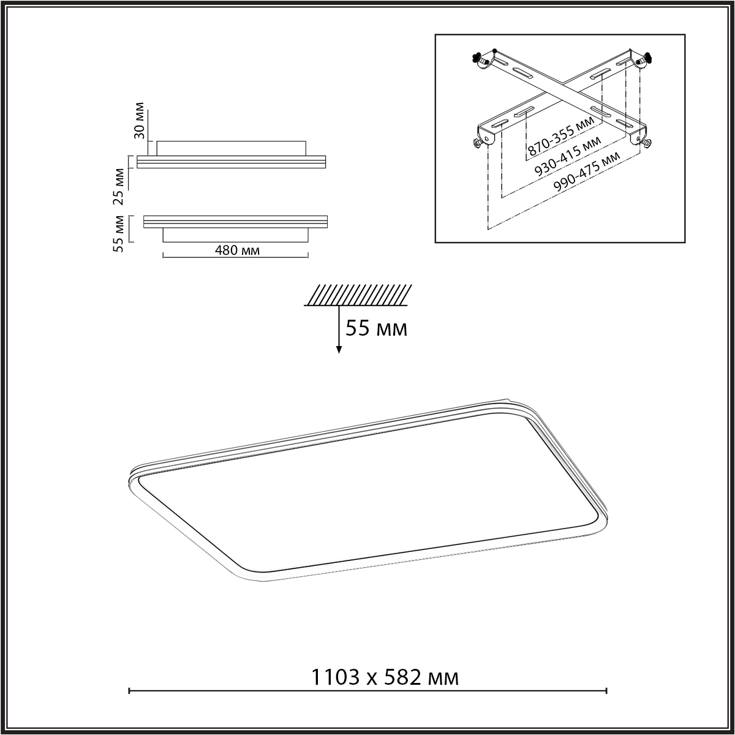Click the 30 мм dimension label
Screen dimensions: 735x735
[140, 121]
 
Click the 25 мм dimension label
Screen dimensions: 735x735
[119, 187]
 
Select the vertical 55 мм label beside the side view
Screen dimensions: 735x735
[119, 233]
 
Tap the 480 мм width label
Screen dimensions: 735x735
[237, 251]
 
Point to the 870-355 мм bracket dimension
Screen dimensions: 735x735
[561, 136]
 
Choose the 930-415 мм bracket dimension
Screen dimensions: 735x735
[568, 156]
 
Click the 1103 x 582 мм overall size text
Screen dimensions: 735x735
[385, 678]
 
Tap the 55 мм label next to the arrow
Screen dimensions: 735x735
[377, 328]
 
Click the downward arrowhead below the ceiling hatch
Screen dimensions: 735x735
[339, 350]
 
